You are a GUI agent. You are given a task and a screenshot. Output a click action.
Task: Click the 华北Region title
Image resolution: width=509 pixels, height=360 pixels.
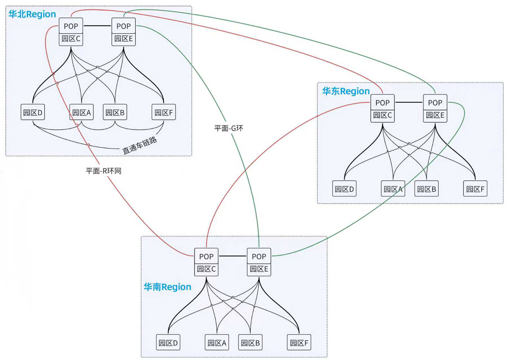click(x=32, y=14)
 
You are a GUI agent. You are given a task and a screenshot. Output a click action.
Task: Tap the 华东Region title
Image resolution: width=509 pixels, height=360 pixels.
click(x=346, y=91)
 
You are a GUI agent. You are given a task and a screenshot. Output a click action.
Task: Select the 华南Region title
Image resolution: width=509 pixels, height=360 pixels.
click(x=167, y=287)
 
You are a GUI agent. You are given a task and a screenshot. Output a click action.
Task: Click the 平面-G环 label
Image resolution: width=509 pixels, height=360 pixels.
click(x=229, y=128)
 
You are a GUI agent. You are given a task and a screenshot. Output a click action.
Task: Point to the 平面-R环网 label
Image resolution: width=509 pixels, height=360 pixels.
click(x=103, y=171)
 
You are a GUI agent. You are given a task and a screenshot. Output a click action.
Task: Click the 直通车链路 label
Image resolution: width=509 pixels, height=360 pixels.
click(x=140, y=146)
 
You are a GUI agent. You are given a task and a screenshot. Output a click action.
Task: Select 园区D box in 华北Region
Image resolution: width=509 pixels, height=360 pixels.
click(x=33, y=112)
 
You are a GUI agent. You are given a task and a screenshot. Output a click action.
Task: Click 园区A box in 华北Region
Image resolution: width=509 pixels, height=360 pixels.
click(x=82, y=112)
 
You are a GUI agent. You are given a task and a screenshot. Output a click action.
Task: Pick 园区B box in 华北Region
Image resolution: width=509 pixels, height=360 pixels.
click(x=115, y=112)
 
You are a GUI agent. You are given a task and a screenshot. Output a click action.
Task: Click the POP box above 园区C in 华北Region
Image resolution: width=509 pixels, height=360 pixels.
click(x=71, y=26)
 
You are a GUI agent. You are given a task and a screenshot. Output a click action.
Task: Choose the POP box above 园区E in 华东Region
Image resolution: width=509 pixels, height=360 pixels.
click(x=435, y=102)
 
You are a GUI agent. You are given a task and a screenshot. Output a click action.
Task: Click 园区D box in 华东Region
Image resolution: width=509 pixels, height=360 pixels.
click(x=345, y=189)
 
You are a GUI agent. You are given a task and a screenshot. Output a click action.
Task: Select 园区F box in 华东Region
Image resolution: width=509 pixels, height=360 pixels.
click(x=476, y=189)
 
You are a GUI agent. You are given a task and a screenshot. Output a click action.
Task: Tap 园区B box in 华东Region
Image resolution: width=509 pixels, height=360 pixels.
click(x=427, y=189)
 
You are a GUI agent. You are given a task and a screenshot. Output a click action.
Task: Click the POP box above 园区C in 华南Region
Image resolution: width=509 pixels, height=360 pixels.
click(x=206, y=256)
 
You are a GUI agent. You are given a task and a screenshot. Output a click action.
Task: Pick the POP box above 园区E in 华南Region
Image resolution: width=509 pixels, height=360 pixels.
click(x=259, y=256)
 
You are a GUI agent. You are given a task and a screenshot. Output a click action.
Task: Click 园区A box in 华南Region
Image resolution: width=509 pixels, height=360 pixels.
click(x=217, y=343)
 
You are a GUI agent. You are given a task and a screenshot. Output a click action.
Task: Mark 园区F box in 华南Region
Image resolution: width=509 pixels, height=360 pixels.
click(x=299, y=343)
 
